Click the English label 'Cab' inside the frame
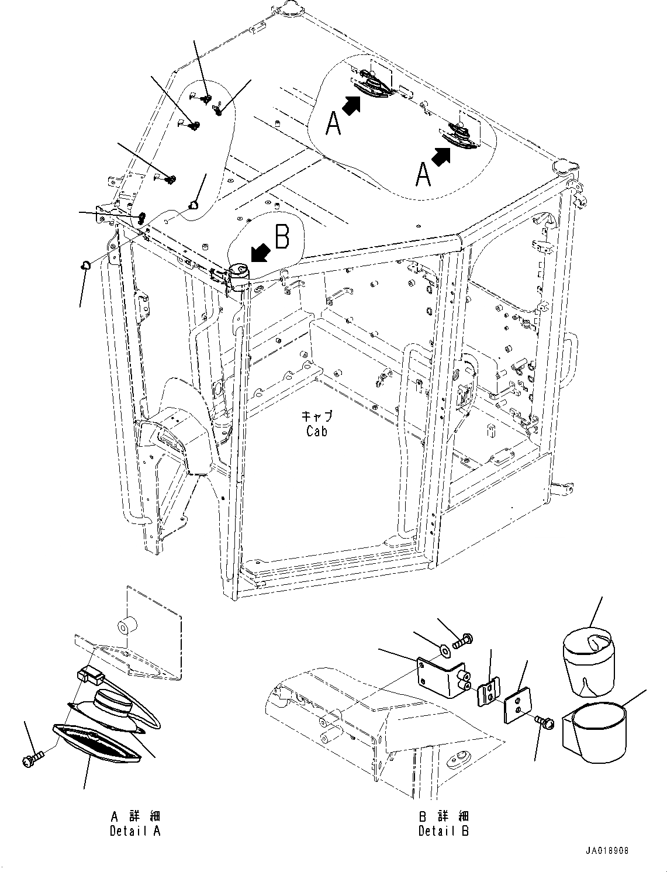click(x=316, y=431)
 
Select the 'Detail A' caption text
click(x=135, y=830)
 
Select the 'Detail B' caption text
click(x=444, y=830)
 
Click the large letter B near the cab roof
click(x=282, y=237)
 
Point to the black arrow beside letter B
click(x=259, y=253)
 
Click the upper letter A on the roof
click(x=333, y=123)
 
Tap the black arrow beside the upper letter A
click(x=351, y=106)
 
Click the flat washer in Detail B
click(x=444, y=649)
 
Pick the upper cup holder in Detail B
click(x=588, y=661)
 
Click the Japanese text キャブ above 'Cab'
click(x=317, y=416)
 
